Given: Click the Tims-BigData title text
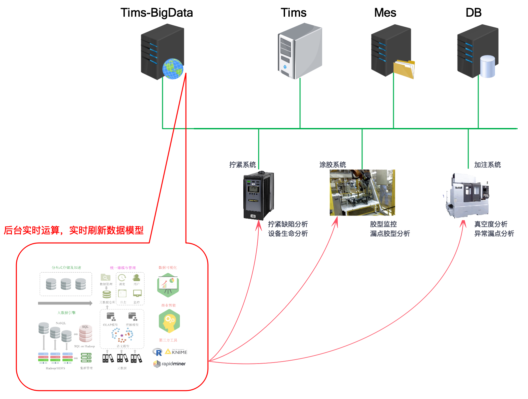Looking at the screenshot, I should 157,13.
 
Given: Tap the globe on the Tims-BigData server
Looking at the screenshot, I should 173,69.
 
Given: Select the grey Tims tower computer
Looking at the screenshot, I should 300,51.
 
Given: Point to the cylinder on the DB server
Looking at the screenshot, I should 487,66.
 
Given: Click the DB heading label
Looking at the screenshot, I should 473,13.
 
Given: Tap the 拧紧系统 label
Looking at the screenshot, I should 242,165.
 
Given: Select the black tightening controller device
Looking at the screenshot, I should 259,195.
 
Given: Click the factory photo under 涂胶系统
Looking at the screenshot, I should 362,192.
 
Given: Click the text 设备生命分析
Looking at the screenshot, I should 288,234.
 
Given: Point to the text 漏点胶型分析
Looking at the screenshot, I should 390,234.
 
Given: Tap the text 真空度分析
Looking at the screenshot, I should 491,224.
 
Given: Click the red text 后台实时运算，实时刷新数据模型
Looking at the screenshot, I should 73,230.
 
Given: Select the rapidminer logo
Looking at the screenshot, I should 170,364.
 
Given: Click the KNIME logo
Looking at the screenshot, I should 177,352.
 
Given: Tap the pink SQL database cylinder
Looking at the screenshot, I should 85,333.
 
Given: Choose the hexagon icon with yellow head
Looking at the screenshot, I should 169,321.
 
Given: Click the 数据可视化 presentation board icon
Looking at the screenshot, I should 168,285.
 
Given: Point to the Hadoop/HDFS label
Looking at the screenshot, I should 55,368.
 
